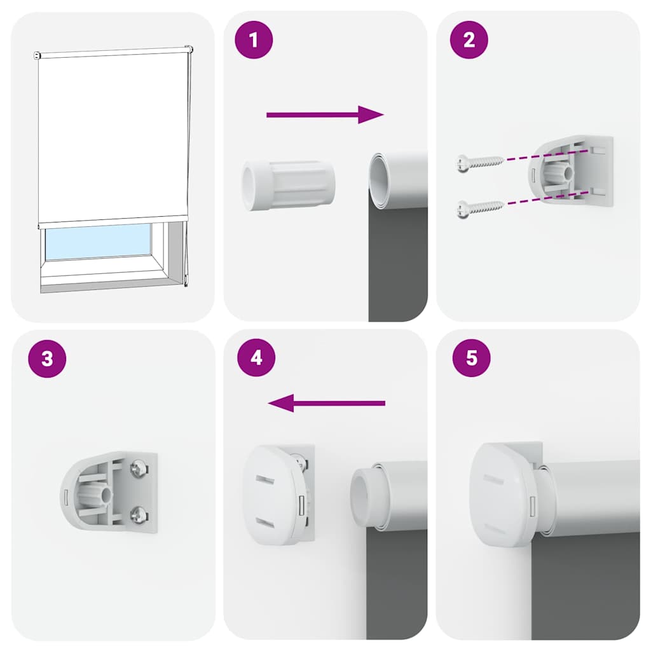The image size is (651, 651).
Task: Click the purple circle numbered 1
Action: pos(254,40)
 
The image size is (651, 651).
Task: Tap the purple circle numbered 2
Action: pos(469,40)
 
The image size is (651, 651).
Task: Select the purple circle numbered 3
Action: pos(47,359)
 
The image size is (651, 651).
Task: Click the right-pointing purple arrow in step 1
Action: pos(325,114)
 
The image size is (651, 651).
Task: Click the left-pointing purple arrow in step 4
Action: pos(326,403)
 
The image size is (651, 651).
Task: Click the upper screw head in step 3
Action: pos(137,470)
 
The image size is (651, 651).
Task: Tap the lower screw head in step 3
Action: pos(137,514)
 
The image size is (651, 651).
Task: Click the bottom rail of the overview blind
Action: pos(113,219)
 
